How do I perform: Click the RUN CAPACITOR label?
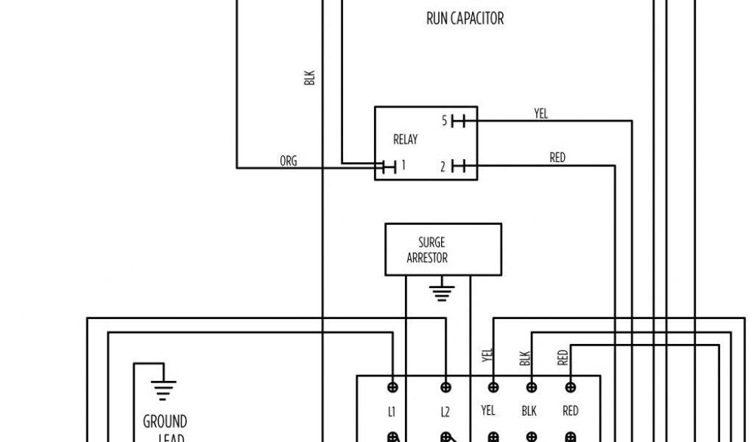click(465, 18)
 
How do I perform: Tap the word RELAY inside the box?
click(405, 139)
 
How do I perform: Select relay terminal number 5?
click(445, 121)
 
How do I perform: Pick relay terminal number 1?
click(403, 166)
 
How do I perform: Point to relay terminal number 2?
click(444, 166)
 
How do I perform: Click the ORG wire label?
click(289, 161)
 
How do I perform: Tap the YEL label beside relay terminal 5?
click(541, 113)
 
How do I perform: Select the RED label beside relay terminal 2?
click(557, 158)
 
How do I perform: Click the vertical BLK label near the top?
click(310, 77)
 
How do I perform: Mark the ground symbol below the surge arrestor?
click(441, 293)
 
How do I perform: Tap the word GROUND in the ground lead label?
click(165, 422)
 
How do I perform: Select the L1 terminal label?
click(392, 411)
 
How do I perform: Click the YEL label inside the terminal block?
click(488, 411)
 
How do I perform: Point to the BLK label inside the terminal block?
click(529, 411)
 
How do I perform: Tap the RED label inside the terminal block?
click(570, 411)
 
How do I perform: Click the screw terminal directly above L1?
click(392, 387)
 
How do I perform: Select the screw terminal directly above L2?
click(445, 387)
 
